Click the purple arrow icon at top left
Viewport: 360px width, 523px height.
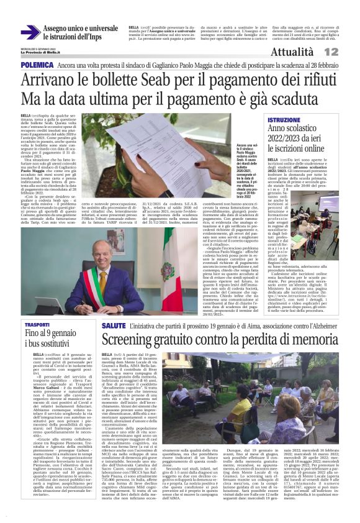pyautogui.click(x=30, y=32)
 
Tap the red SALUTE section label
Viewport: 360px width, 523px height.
pyautogui.click(x=114, y=325)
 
